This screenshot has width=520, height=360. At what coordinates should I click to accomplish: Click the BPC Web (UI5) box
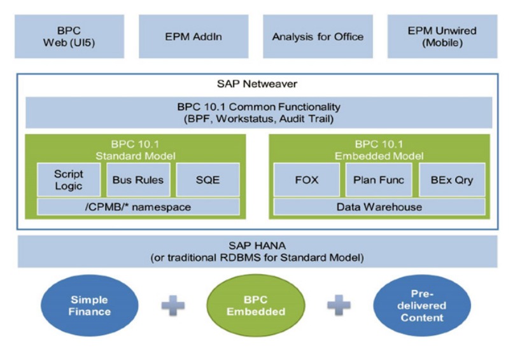pyautogui.click(x=69, y=37)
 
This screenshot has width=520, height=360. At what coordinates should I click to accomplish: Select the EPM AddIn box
pyautogui.click(x=193, y=37)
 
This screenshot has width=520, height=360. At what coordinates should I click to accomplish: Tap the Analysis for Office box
pyautogui.click(x=318, y=37)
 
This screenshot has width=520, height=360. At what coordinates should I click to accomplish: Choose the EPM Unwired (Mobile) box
pyautogui.click(x=443, y=37)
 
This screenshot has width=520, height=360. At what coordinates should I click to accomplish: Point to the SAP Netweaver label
pyautogui.click(x=257, y=84)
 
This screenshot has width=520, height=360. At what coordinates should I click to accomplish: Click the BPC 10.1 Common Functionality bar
pyautogui.click(x=258, y=113)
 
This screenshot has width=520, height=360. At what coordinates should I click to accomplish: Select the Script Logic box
pyautogui.click(x=68, y=179)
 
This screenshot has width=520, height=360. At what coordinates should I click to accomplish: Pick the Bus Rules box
pyautogui.click(x=137, y=179)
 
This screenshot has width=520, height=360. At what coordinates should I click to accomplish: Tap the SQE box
pyautogui.click(x=207, y=179)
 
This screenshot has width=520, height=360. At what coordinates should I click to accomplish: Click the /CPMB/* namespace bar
pyautogui.click(x=138, y=207)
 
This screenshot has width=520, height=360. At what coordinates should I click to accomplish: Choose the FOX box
pyautogui.click(x=306, y=179)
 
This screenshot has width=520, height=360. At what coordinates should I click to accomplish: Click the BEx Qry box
pyautogui.click(x=451, y=179)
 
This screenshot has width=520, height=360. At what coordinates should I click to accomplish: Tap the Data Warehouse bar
pyautogui.click(x=379, y=207)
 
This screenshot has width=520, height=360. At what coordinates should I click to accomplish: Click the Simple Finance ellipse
pyautogui.click(x=90, y=305)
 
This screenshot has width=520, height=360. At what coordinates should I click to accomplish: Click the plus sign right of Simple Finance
pyautogui.click(x=172, y=306)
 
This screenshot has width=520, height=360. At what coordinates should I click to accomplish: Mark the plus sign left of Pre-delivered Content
pyautogui.click(x=339, y=306)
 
